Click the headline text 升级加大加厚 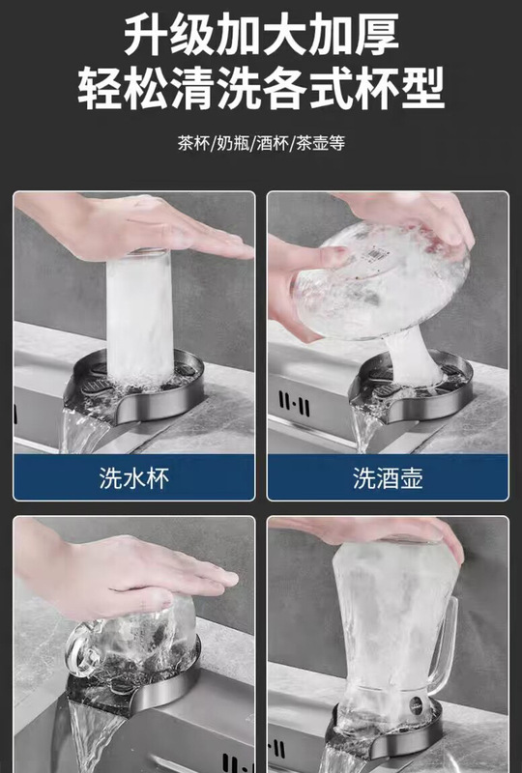coord(261,35)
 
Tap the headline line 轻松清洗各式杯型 coord(261,89)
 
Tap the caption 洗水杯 coord(133,477)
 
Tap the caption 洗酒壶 coord(388,477)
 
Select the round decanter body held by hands coord(380,281)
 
